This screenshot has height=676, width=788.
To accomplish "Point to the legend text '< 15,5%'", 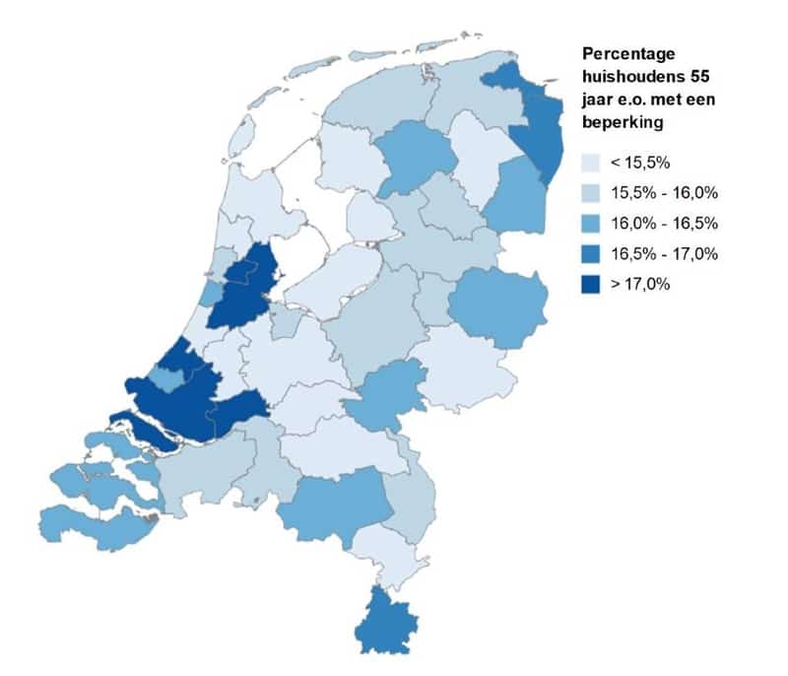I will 643,161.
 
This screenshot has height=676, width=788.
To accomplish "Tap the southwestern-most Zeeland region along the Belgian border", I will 89,524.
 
